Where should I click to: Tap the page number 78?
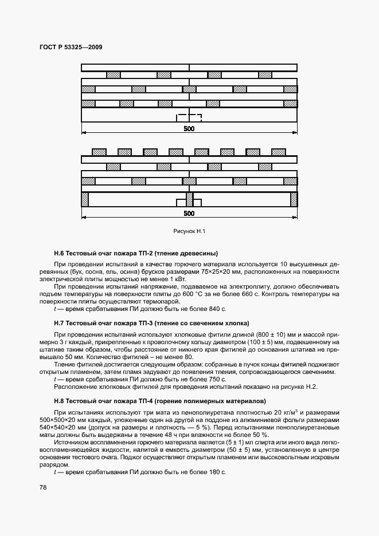(x=44, y=487)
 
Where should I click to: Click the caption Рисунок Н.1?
(x=189, y=231)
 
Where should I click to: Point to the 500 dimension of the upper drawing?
(x=189, y=129)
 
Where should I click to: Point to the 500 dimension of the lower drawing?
(x=189, y=213)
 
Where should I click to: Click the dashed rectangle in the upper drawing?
(x=189, y=118)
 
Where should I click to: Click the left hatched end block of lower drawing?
(x=85, y=199)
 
